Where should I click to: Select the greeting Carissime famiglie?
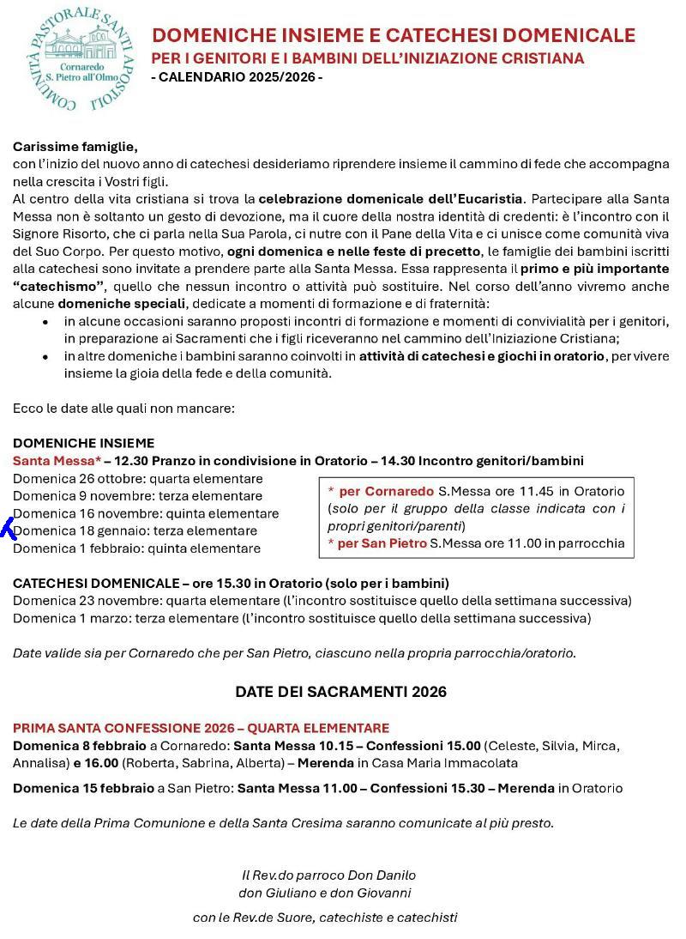click(75, 147)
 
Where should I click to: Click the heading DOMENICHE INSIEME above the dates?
click(84, 443)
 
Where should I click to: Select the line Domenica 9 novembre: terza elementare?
click(137, 496)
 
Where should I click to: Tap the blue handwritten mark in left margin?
click(9, 529)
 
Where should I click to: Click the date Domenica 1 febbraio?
click(77, 548)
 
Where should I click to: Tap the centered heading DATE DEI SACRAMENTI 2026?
click(341, 692)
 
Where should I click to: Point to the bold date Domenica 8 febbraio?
click(79, 745)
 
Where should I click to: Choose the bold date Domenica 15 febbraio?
click(82, 788)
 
